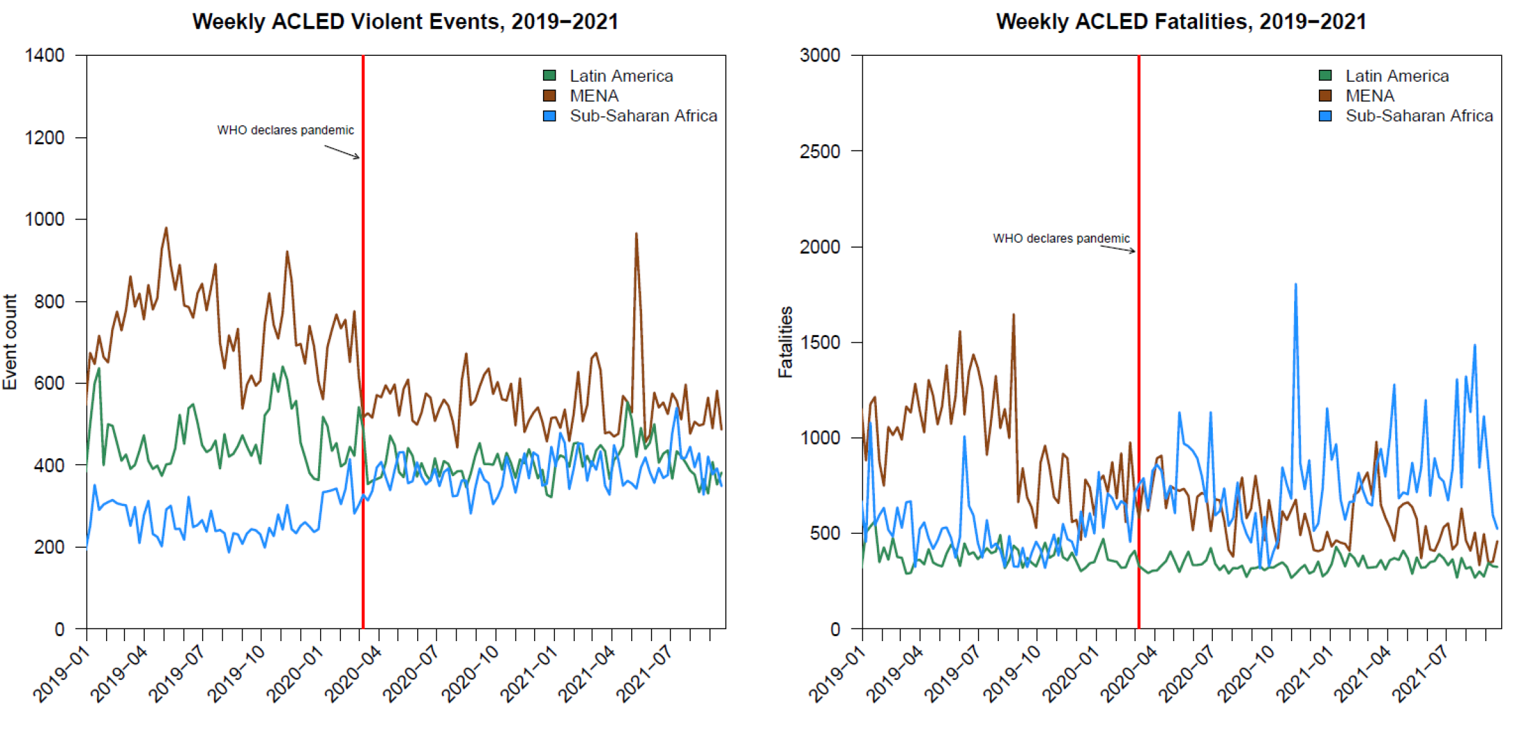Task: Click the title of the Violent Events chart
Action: [405, 22]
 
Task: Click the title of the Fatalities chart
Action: [1181, 22]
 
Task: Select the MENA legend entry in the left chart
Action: [593, 96]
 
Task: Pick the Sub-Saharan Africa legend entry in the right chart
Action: [1419, 116]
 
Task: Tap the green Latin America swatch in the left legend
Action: [550, 76]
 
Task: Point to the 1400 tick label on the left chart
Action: [44, 55]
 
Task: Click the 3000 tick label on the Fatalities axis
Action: [820, 55]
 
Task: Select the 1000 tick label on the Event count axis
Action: [44, 219]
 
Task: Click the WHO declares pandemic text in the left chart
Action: [285, 130]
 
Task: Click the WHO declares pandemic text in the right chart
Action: [1061, 239]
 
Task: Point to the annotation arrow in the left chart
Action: [342, 152]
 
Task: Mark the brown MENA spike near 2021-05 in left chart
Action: [636, 235]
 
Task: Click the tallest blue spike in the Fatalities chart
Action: [1295, 285]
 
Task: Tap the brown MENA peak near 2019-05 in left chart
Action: [166, 229]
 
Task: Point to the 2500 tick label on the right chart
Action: [820, 151]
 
